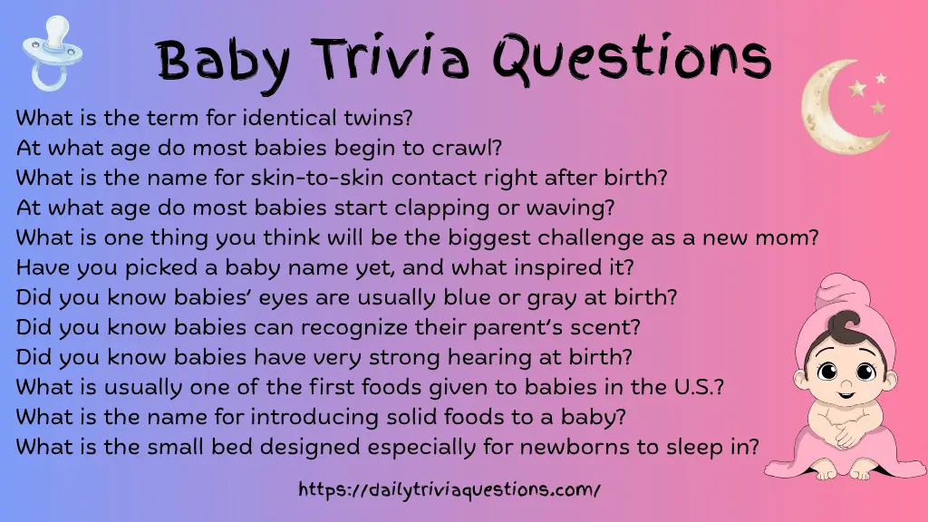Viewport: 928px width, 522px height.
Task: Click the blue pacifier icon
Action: tap(43, 52)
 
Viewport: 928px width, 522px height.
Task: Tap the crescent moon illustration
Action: tap(830, 107)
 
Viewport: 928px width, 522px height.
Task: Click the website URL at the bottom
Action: tap(449, 490)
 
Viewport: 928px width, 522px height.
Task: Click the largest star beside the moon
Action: tap(857, 88)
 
